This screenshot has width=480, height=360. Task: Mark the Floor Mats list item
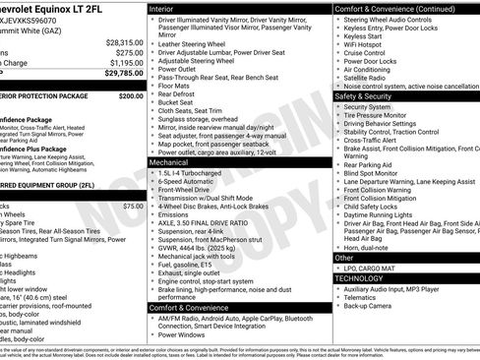(177, 88)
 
